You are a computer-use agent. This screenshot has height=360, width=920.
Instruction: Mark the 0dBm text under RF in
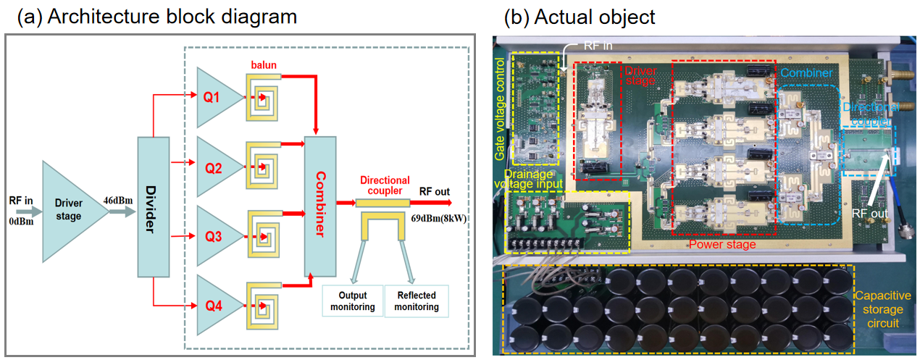click(22, 219)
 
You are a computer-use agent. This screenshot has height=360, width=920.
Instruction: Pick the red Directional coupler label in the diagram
click(384, 185)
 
